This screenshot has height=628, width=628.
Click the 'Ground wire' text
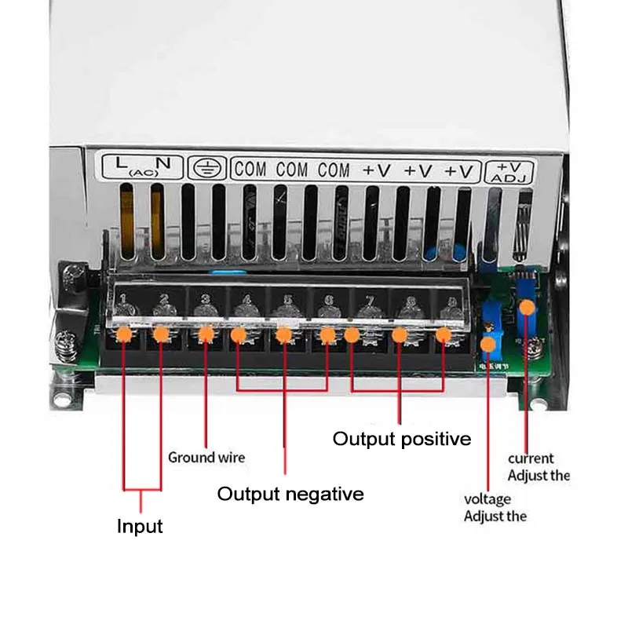tap(206, 457)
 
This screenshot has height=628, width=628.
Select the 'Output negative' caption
tap(290, 494)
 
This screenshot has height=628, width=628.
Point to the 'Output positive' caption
tap(402, 438)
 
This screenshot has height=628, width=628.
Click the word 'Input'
tap(140, 526)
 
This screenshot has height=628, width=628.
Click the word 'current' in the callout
tap(531, 458)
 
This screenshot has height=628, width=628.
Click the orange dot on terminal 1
tap(123, 335)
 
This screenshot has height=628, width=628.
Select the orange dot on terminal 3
tap(206, 335)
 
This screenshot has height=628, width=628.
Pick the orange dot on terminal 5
tap(284, 335)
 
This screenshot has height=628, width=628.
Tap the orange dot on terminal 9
tap(444, 335)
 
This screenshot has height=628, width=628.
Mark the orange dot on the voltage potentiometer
tap(490, 343)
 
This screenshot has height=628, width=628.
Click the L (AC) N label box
tap(140, 166)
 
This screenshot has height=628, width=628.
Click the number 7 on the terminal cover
tap(365, 301)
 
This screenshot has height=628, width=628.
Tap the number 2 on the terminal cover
tap(163, 299)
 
